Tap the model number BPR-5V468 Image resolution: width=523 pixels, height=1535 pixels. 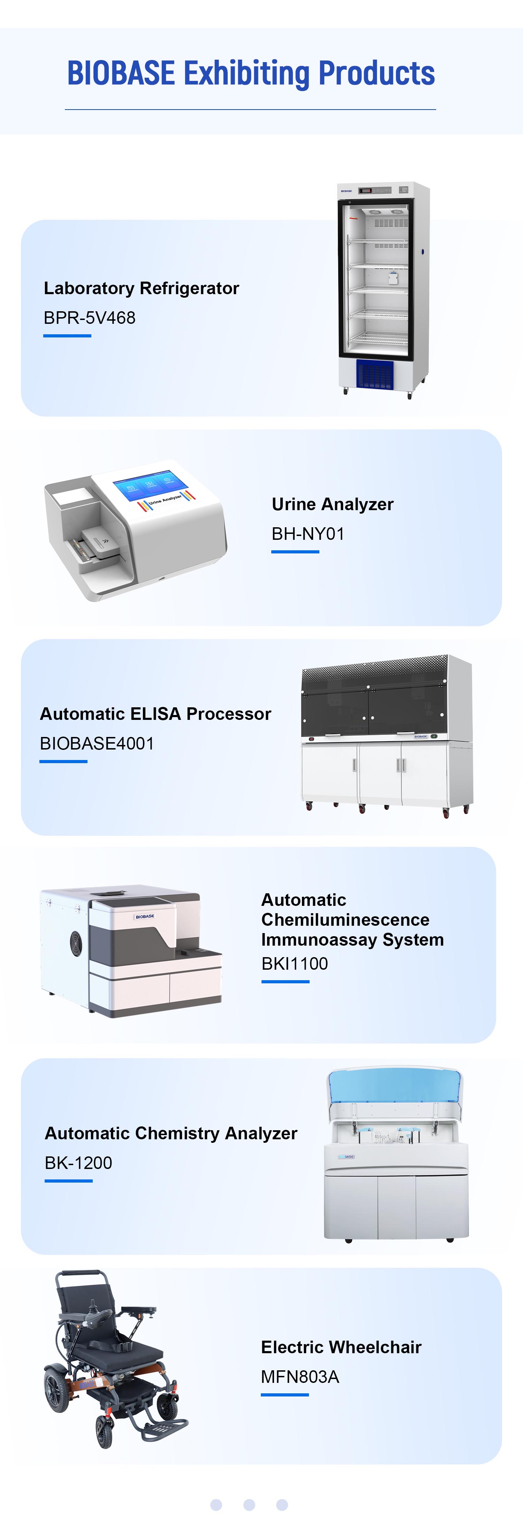pos(89,318)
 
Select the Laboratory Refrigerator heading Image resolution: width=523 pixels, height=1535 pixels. pos(141,289)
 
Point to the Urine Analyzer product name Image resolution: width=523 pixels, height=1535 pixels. pos(332,504)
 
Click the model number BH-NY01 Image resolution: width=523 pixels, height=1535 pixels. pos(308,534)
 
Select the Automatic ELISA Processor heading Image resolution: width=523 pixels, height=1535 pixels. pos(156,714)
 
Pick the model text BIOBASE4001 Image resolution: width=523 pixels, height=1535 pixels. pos(97,744)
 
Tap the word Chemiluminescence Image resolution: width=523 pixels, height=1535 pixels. pos(346,919)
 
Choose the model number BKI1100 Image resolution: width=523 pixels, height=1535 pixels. pos(295,963)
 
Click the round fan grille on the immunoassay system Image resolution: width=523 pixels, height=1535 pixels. pos(76,943)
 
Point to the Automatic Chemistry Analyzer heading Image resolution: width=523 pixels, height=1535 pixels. pos(171,1133)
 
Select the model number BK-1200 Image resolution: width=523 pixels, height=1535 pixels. pos(79,1163)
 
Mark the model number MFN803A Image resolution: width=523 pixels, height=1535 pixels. pos(300,1377)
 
